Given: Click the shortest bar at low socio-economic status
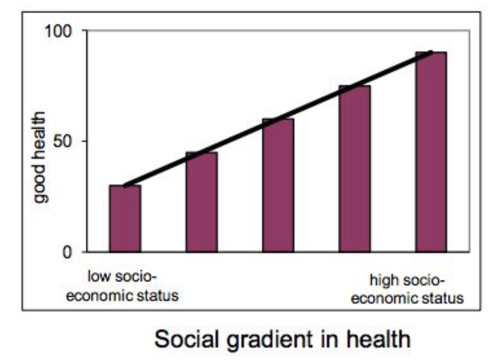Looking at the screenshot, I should click(125, 219).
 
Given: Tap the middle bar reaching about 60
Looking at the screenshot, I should click(278, 185).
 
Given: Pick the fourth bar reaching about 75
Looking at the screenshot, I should click(354, 169).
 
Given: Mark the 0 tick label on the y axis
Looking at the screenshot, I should click(67, 252).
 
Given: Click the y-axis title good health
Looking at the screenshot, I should click(41, 157).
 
